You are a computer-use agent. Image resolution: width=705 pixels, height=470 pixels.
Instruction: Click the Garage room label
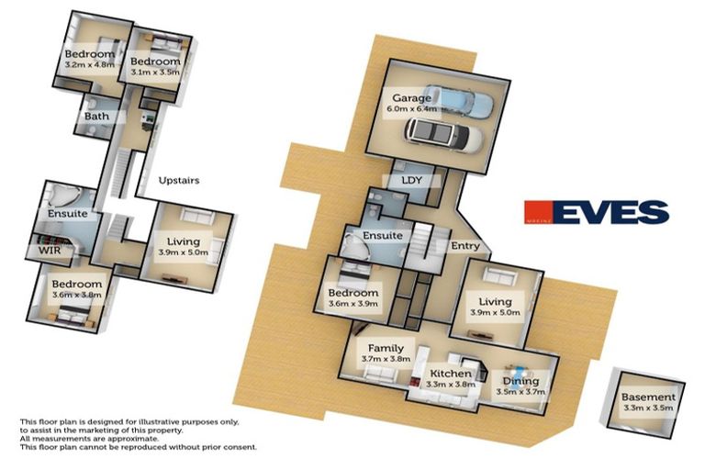(x=411, y=97)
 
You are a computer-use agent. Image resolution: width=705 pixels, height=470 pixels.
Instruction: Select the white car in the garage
(x=444, y=137)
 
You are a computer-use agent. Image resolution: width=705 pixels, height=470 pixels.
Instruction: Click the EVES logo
(x=596, y=213)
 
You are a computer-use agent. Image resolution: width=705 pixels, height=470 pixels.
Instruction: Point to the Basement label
(x=647, y=397)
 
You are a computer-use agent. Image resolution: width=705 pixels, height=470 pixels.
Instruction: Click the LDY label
(x=411, y=180)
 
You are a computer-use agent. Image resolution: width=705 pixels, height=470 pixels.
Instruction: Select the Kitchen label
(x=451, y=375)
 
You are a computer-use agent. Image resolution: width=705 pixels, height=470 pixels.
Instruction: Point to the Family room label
(x=386, y=349)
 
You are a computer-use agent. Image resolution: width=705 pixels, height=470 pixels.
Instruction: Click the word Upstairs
(x=179, y=181)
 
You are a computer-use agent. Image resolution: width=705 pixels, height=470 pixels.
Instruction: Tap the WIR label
(x=49, y=249)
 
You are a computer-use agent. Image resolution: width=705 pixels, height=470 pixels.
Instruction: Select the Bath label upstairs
(x=96, y=117)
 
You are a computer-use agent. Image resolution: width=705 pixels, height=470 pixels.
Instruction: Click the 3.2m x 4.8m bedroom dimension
(x=89, y=65)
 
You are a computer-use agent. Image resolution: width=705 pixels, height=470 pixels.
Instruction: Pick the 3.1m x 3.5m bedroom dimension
(x=156, y=72)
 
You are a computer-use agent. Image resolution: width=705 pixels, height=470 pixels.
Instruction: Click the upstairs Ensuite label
(x=68, y=214)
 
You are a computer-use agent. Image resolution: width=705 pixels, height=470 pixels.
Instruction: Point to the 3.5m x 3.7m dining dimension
(x=520, y=392)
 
